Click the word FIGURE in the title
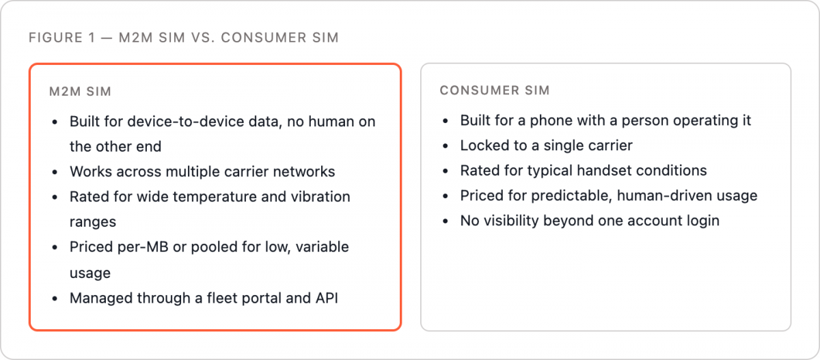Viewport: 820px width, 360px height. [55, 38]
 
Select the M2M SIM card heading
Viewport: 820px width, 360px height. [80, 92]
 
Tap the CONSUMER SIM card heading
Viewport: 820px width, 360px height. [495, 90]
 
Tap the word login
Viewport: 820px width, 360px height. [703, 221]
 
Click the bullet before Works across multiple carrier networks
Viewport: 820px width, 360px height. [55, 172]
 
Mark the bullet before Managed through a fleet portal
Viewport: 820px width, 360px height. [55, 299]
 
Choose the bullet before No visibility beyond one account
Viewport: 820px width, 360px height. [446, 221]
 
